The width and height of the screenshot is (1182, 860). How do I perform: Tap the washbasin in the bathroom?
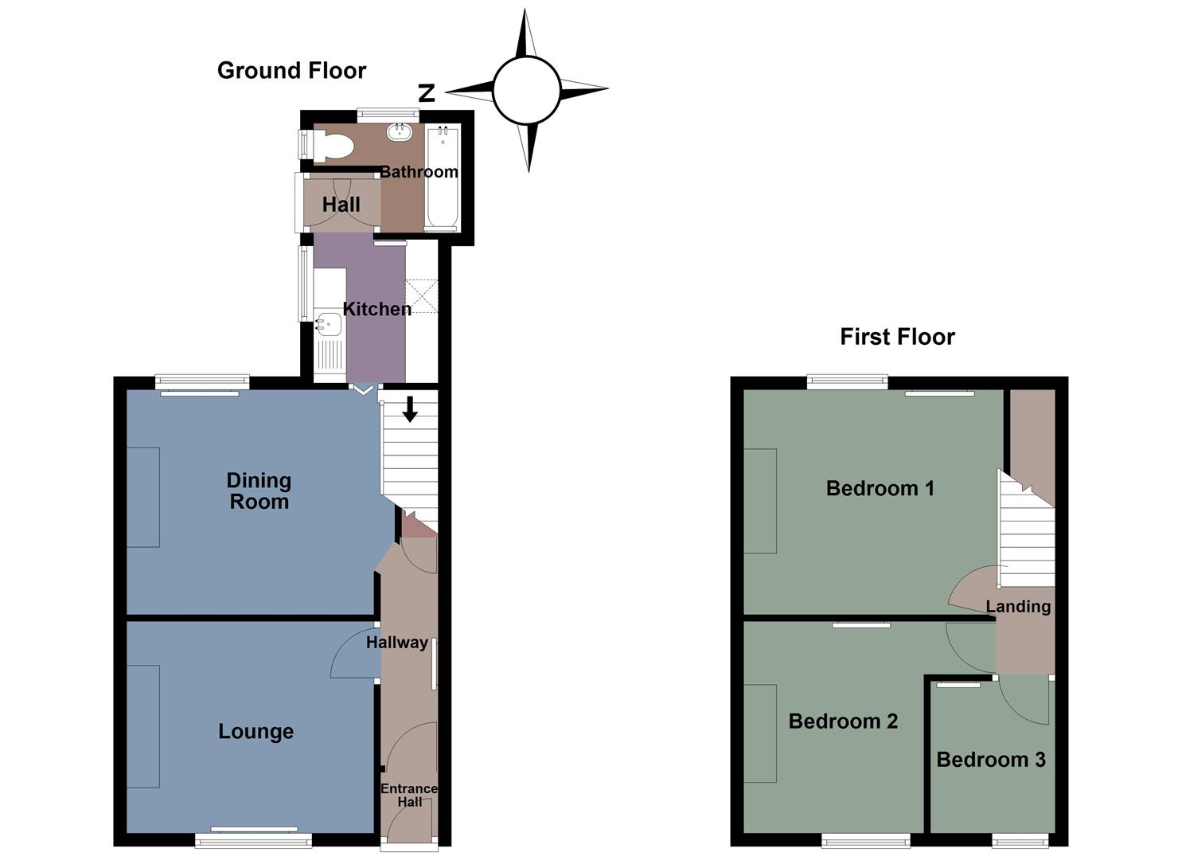400,132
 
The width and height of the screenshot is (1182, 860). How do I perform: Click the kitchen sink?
330,324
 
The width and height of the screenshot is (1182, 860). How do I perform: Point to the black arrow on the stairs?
410,408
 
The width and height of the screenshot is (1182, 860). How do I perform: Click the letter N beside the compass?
427,93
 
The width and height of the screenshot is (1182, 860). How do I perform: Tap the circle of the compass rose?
526,90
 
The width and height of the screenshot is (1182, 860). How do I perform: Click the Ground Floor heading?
291,71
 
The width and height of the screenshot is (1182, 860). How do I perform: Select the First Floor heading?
897,337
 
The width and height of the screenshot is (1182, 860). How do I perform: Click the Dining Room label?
259,491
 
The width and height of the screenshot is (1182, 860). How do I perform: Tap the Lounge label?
256,732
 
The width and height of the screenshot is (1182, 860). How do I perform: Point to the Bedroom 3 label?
990,760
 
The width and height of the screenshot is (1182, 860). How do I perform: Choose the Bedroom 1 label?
880,488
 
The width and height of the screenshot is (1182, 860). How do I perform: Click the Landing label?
1018,607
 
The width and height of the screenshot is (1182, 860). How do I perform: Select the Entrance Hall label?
409,795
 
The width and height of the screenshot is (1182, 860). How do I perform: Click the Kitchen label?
376,309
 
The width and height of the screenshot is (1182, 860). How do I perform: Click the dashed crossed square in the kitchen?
422,295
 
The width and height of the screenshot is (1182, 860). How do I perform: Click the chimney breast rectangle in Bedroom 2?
760,733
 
